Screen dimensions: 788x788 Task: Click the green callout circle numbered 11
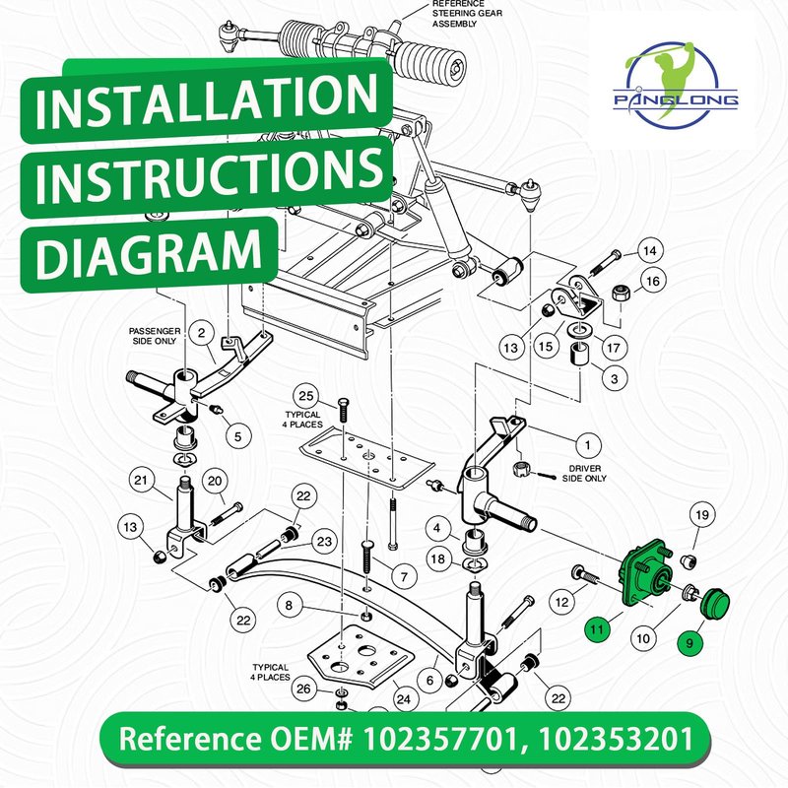[597, 628]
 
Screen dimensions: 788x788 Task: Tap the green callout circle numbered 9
[690, 643]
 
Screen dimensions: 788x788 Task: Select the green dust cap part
[715, 601]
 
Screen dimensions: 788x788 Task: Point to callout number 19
[702, 514]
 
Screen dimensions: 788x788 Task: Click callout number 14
[650, 250]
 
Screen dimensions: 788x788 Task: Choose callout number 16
[652, 281]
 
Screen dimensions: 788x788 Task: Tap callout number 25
[306, 396]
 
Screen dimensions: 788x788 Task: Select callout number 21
[141, 481]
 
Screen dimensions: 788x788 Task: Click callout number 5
[237, 436]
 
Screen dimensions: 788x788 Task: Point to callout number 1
[587, 445]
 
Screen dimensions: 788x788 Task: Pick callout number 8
[289, 605]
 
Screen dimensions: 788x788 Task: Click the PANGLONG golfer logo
[675, 86]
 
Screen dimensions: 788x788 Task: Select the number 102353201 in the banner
[616, 739]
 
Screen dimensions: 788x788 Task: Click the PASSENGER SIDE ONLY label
[155, 336]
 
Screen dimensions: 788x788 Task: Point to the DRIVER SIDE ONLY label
[584, 474]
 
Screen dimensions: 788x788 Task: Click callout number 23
[324, 541]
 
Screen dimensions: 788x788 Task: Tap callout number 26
[303, 688]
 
